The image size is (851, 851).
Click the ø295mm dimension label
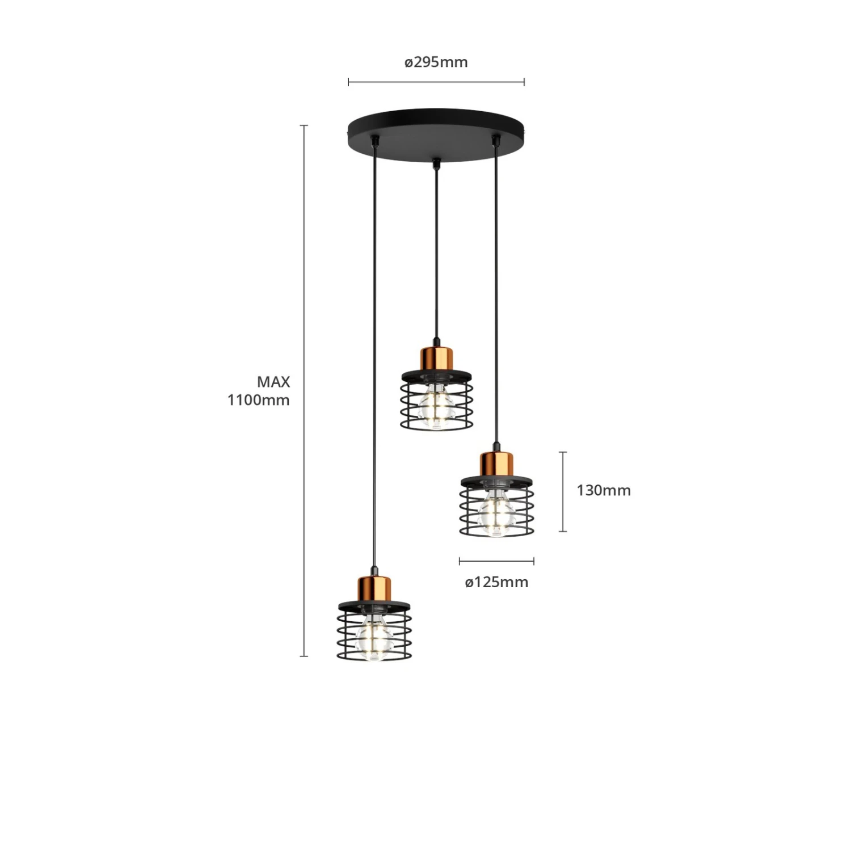tap(436, 62)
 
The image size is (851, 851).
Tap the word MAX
tap(273, 382)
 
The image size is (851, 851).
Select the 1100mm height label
tap(259, 400)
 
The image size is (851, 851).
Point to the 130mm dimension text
tap(604, 490)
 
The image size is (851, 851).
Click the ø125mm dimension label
tap(496, 582)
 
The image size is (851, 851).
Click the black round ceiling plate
tap(436, 135)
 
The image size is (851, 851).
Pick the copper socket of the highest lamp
tap(437, 358)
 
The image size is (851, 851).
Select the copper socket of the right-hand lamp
tap(496, 465)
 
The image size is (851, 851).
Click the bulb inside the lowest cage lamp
tap(373, 638)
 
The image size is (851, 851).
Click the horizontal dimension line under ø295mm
tap(436, 82)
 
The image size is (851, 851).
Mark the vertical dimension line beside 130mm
tap(563, 492)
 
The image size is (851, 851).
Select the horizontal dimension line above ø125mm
tap(496, 562)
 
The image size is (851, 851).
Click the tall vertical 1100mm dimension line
tap(304, 390)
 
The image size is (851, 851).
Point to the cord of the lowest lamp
tap(374, 357)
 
